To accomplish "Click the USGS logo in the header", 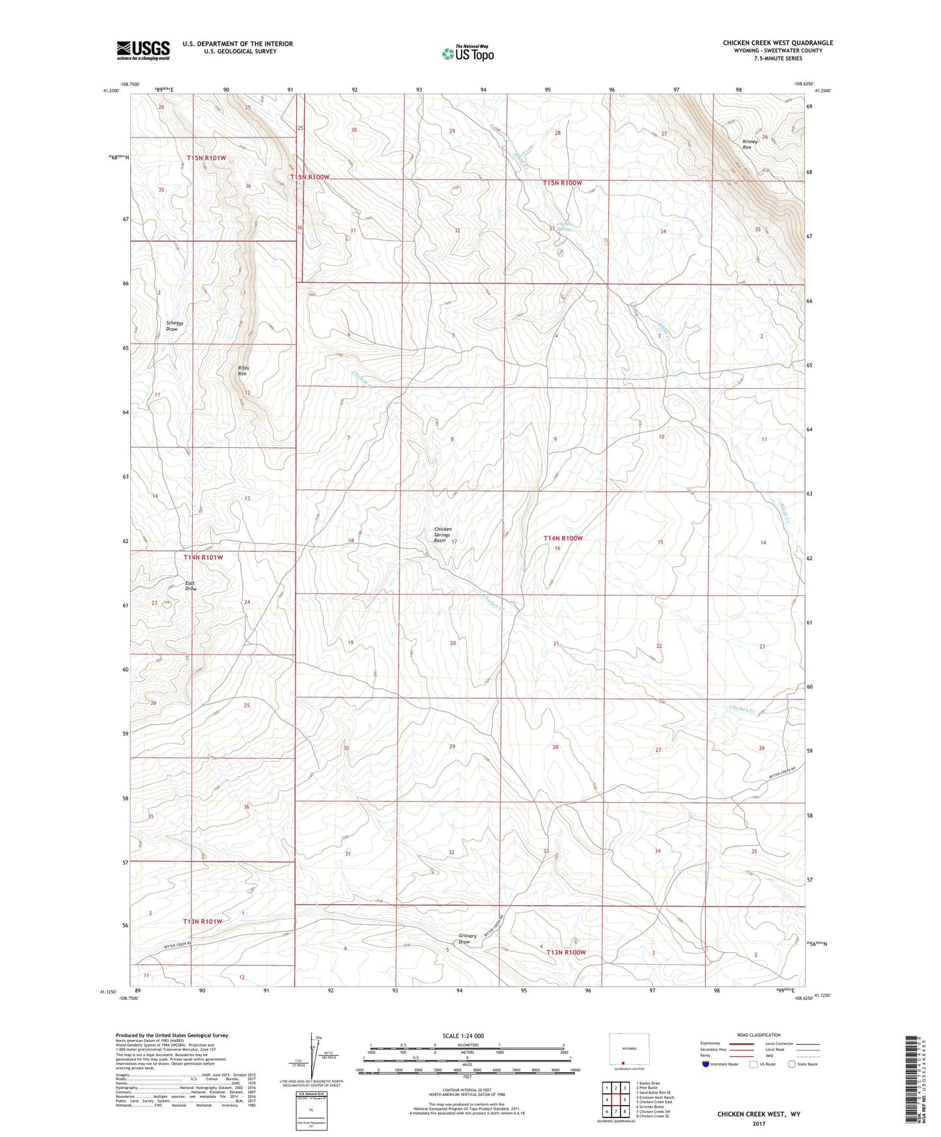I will click(143, 50).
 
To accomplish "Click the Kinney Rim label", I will click(751, 145).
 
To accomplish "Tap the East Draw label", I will click(190, 585).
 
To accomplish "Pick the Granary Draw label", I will click(467, 938).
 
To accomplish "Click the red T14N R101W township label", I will click(203, 557).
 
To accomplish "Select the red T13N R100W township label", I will click(565, 952).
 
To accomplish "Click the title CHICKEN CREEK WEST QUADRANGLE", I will click(777, 43).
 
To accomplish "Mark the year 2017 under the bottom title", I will click(758, 1123).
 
